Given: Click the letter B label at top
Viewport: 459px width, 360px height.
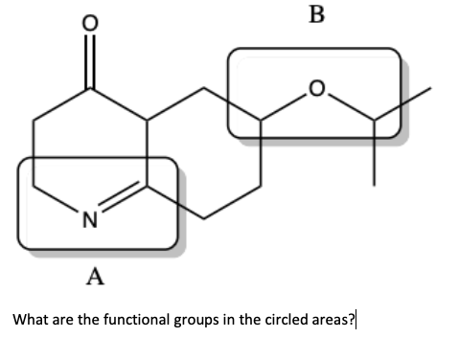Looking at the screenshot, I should click(318, 14).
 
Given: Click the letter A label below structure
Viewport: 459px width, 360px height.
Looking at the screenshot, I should click(94, 279).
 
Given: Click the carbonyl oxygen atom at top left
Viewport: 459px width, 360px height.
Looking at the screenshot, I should click(91, 22).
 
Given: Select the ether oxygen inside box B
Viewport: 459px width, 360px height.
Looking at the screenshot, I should click(317, 90).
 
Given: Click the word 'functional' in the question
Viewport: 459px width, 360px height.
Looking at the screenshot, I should click(133, 320).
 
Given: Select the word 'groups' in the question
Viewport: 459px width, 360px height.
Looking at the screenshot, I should click(195, 320).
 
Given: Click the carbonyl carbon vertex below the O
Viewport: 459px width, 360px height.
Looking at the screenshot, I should click(91, 91).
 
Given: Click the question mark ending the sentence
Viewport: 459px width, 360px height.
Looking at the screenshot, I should click(351, 320).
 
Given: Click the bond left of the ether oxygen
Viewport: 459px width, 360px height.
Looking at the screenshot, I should click(286, 106).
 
